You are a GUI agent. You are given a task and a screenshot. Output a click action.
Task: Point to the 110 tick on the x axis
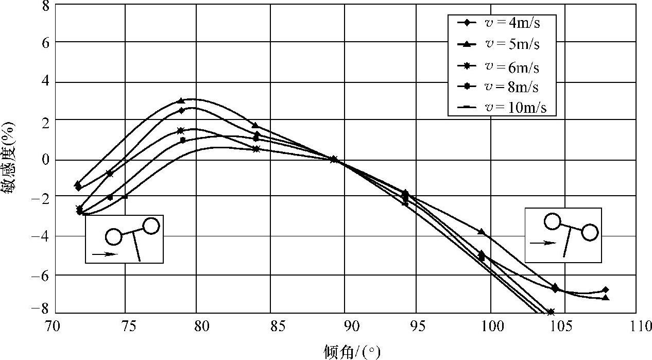click(636, 326)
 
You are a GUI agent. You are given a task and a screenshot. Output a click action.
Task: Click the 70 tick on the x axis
click(51, 326)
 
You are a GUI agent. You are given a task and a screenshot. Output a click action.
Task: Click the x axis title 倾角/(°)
click(353, 352)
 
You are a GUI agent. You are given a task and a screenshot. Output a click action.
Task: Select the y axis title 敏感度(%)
click(9, 159)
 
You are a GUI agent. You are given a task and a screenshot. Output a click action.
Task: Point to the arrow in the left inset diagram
click(105, 253)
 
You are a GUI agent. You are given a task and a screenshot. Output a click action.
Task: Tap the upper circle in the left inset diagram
click(151, 226)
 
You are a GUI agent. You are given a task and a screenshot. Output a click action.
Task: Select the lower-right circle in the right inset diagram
click(590, 233)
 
